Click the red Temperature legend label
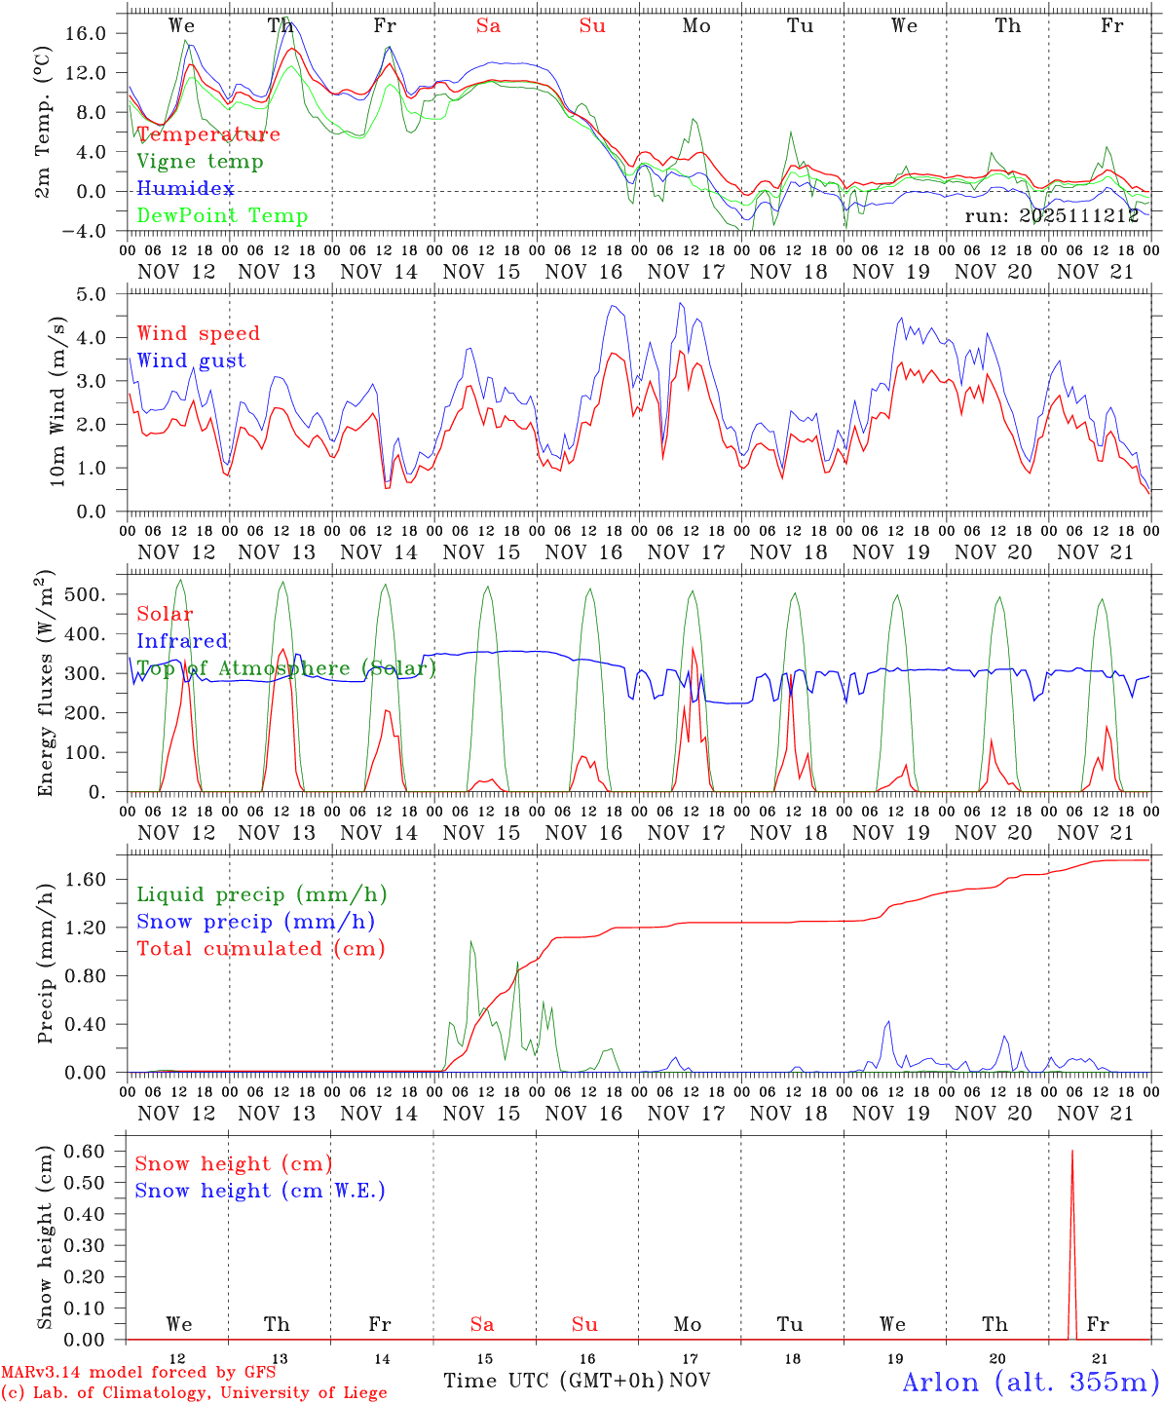(208, 134)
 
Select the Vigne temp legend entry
(200, 162)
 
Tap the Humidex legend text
(185, 189)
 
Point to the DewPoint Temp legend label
(222, 216)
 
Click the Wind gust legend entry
(191, 360)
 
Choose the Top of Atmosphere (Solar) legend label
(286, 668)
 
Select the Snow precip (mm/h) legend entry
(255, 922)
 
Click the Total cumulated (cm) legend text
(260, 948)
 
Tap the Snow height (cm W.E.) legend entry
(260, 1191)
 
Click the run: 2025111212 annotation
(1052, 215)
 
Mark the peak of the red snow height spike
(1072, 1152)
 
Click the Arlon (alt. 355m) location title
(1031, 1382)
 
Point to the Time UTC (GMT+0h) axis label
(553, 1381)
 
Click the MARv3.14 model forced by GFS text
(137, 1372)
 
